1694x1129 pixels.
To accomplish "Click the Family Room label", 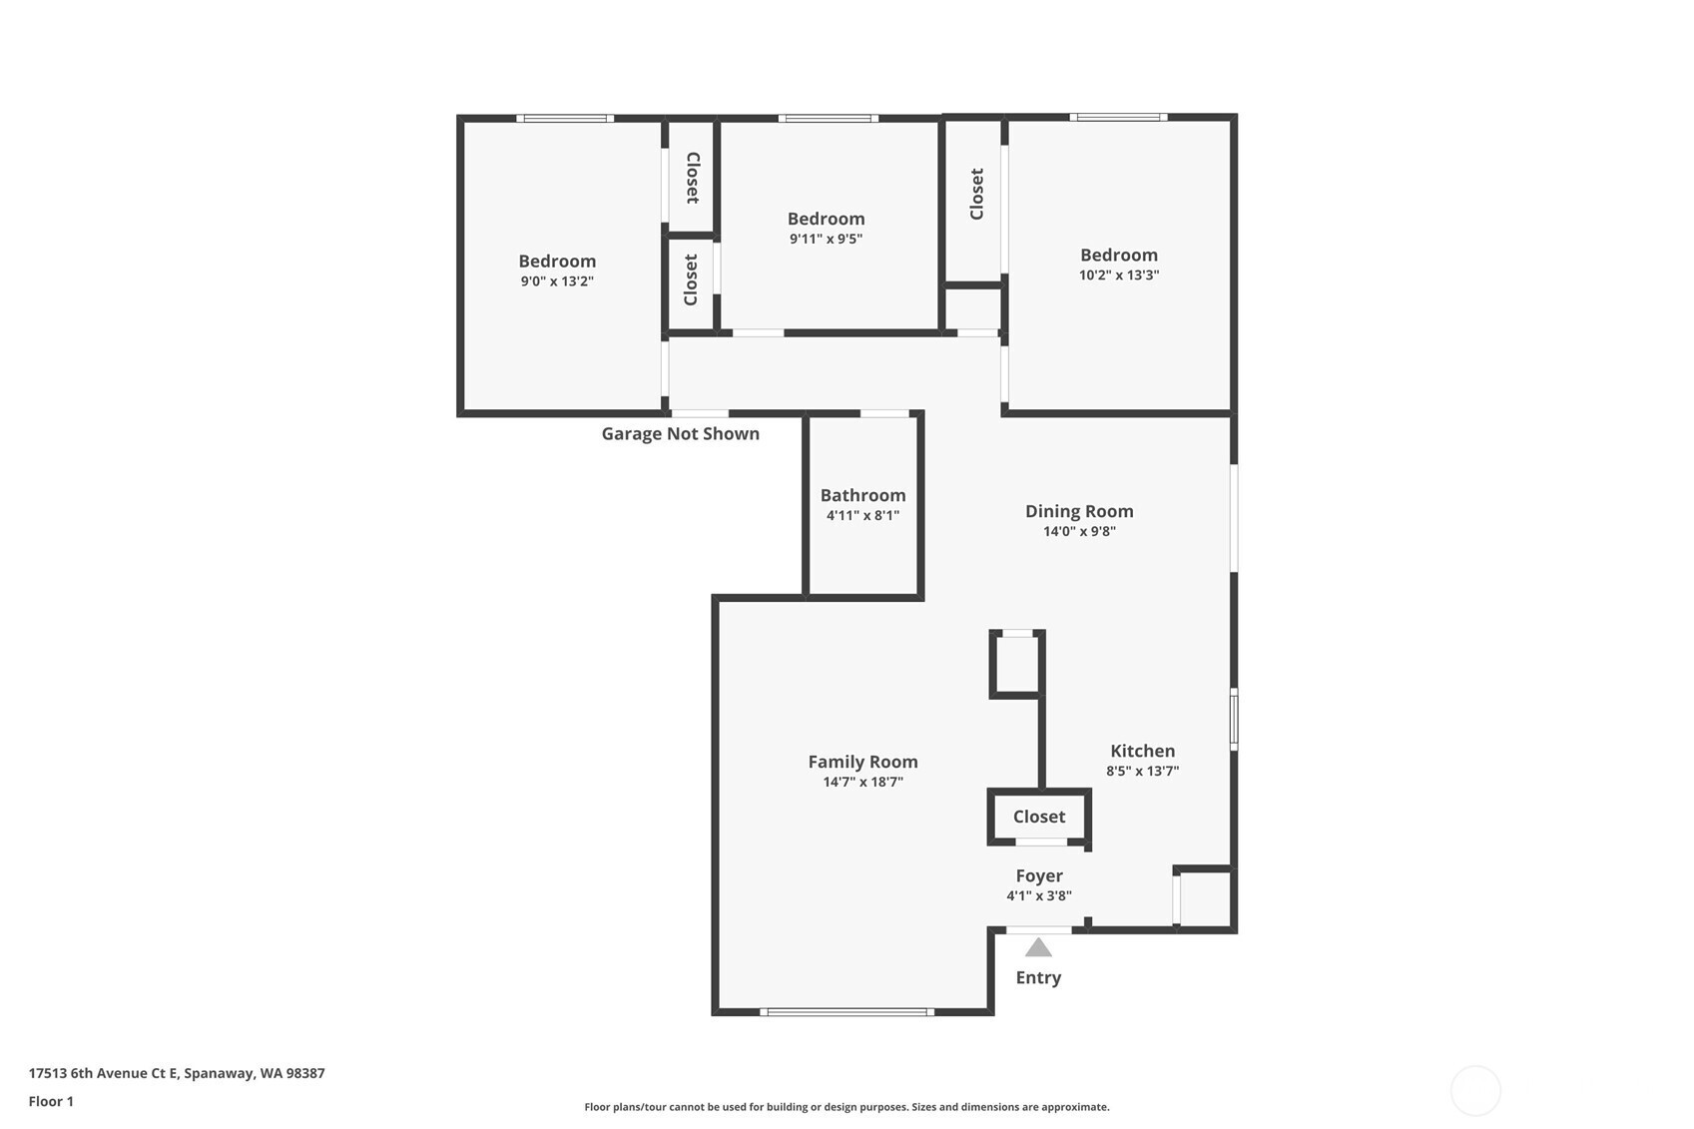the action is (862, 762).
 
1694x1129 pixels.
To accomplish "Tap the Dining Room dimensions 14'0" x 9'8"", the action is (1079, 531).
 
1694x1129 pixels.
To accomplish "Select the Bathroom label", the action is (862, 495).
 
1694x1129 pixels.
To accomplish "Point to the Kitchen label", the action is (1143, 751).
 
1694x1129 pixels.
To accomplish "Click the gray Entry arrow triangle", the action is (1038, 947).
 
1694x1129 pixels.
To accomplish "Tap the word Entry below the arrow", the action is (1038, 977).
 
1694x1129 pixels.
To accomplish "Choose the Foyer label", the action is (1039, 875).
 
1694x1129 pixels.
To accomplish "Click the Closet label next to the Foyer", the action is (1039, 817).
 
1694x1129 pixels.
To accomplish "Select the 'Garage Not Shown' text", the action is (681, 434).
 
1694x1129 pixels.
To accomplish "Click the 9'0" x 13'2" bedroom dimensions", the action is (557, 282).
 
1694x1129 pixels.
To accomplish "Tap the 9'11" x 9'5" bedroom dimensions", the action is (826, 239).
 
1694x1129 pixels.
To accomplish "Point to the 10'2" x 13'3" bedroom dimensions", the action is (1119, 276).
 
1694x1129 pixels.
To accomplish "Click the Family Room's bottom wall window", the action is (847, 1012).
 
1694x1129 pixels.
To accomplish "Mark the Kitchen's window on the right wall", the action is (1234, 719).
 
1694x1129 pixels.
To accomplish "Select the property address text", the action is (177, 1073).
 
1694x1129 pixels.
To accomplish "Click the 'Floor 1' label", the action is (52, 1101).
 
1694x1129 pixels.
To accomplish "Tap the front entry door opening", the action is (1039, 929).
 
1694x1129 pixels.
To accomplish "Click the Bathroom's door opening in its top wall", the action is (884, 413).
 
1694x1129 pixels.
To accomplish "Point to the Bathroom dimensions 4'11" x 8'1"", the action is (862, 516).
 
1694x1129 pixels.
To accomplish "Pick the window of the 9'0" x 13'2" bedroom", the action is (565, 118).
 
